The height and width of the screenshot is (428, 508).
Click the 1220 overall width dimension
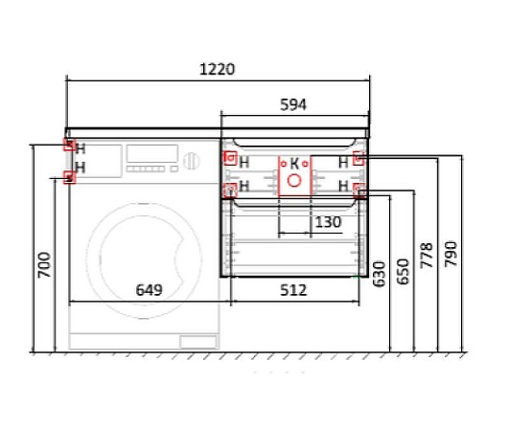coord(217,69)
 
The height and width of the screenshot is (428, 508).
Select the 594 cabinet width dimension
coord(293,104)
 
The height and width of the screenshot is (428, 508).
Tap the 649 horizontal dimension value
coord(149,290)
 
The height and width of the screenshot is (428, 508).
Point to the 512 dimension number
coord(293,290)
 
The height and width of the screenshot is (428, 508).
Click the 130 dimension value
coord(328,222)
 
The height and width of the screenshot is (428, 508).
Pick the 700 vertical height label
coord(44,265)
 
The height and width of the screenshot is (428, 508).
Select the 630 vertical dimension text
coord(379,274)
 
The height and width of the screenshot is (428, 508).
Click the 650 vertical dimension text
coord(403,271)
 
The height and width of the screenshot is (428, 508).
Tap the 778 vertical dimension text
coord(427,256)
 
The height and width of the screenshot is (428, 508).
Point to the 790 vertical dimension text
coord(451,254)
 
